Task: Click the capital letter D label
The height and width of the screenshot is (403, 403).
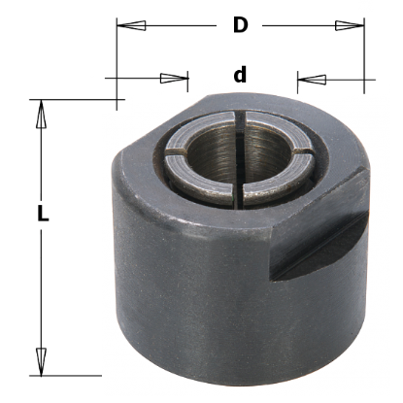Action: coord(241,25)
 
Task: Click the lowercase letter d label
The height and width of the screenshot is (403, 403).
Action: coord(240,75)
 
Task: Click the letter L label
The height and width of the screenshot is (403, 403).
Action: coord(43,214)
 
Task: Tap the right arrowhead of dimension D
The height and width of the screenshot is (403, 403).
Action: coord(350,25)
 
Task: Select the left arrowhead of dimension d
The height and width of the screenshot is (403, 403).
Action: coord(174,78)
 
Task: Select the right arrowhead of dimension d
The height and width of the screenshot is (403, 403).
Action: coord(312,79)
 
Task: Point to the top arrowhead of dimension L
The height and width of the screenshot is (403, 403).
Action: coord(41,114)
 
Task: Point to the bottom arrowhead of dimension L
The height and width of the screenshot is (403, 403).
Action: coord(41,362)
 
